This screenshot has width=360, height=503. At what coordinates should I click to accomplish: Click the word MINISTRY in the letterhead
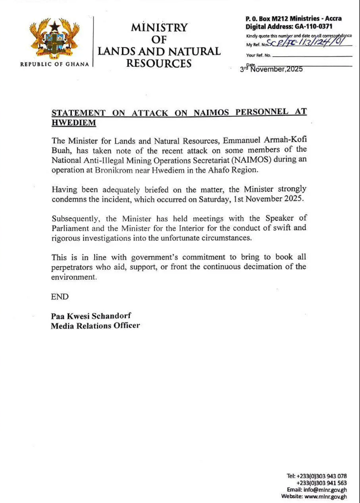click(159, 28)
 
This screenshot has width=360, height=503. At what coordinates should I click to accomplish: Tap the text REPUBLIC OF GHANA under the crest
click(54, 64)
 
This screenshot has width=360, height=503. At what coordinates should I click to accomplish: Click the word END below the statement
click(60, 297)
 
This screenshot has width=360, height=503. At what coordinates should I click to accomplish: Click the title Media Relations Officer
click(95, 326)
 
